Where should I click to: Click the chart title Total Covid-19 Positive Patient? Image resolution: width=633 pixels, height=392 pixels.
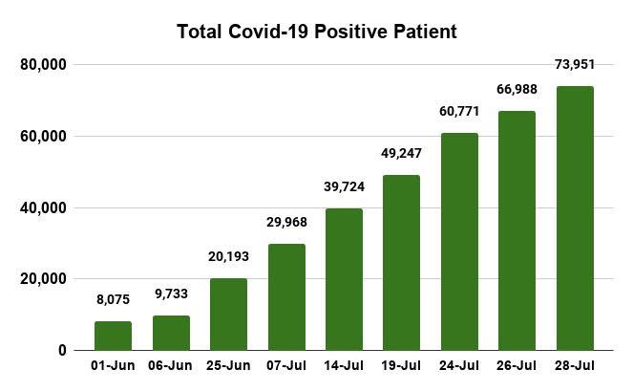coord(317,32)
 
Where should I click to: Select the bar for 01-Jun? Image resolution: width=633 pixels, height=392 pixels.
coord(113,336)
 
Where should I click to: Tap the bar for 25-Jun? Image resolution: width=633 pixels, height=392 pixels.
coord(228,315)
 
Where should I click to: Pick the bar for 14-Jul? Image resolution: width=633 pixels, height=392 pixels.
coord(344,279)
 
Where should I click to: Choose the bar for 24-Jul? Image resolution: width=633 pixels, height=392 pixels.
coord(459,242)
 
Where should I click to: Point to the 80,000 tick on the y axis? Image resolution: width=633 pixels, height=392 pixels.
coord(42,65)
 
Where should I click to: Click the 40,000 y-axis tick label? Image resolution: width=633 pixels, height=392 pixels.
coord(42,207)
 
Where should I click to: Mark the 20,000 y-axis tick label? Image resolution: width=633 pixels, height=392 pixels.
coord(42,279)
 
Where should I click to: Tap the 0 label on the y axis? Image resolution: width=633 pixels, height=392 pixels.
coord(61,351)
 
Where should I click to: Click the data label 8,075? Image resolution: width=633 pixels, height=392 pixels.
coord(113,299)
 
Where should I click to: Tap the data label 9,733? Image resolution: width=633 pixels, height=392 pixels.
coord(171,294)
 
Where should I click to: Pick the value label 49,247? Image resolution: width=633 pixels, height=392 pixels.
coord(402,153)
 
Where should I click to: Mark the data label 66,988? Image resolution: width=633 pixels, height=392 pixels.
coord(517,90)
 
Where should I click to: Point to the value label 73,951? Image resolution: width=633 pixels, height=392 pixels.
coord(575,65)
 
